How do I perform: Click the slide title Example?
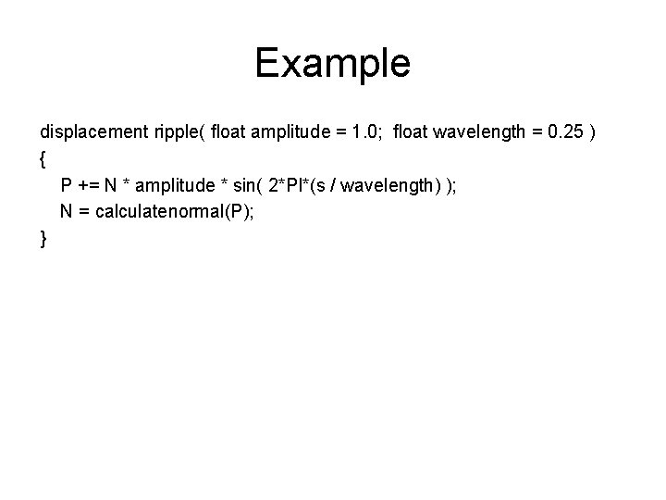click(332, 63)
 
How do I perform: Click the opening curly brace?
click(43, 159)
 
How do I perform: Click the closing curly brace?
click(43, 239)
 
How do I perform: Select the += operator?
click(91, 185)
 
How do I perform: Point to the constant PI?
click(295, 185)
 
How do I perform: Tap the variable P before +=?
click(68, 185)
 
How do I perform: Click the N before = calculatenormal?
click(67, 212)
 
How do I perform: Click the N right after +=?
click(112, 185)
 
